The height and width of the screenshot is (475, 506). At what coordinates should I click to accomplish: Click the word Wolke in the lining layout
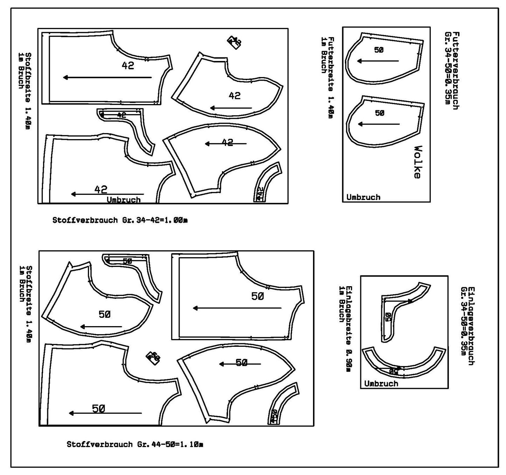[417, 162]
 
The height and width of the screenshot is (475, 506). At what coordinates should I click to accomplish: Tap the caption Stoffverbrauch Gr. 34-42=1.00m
[120, 220]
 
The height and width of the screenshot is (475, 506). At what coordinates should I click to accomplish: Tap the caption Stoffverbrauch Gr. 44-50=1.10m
[135, 444]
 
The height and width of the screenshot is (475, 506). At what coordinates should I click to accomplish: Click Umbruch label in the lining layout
[363, 197]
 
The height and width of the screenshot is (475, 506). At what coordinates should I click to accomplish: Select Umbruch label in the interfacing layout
[381, 384]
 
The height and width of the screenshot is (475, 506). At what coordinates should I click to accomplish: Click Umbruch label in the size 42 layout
[124, 200]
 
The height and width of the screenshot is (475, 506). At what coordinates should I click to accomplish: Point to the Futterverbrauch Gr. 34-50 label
[451, 70]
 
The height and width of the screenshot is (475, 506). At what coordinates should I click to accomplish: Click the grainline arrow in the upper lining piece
[378, 61]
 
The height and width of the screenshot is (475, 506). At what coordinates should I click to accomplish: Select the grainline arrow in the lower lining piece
[379, 124]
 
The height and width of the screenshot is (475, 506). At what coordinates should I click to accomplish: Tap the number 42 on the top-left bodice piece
[128, 66]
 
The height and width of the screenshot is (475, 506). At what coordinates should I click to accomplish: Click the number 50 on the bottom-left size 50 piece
[99, 408]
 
